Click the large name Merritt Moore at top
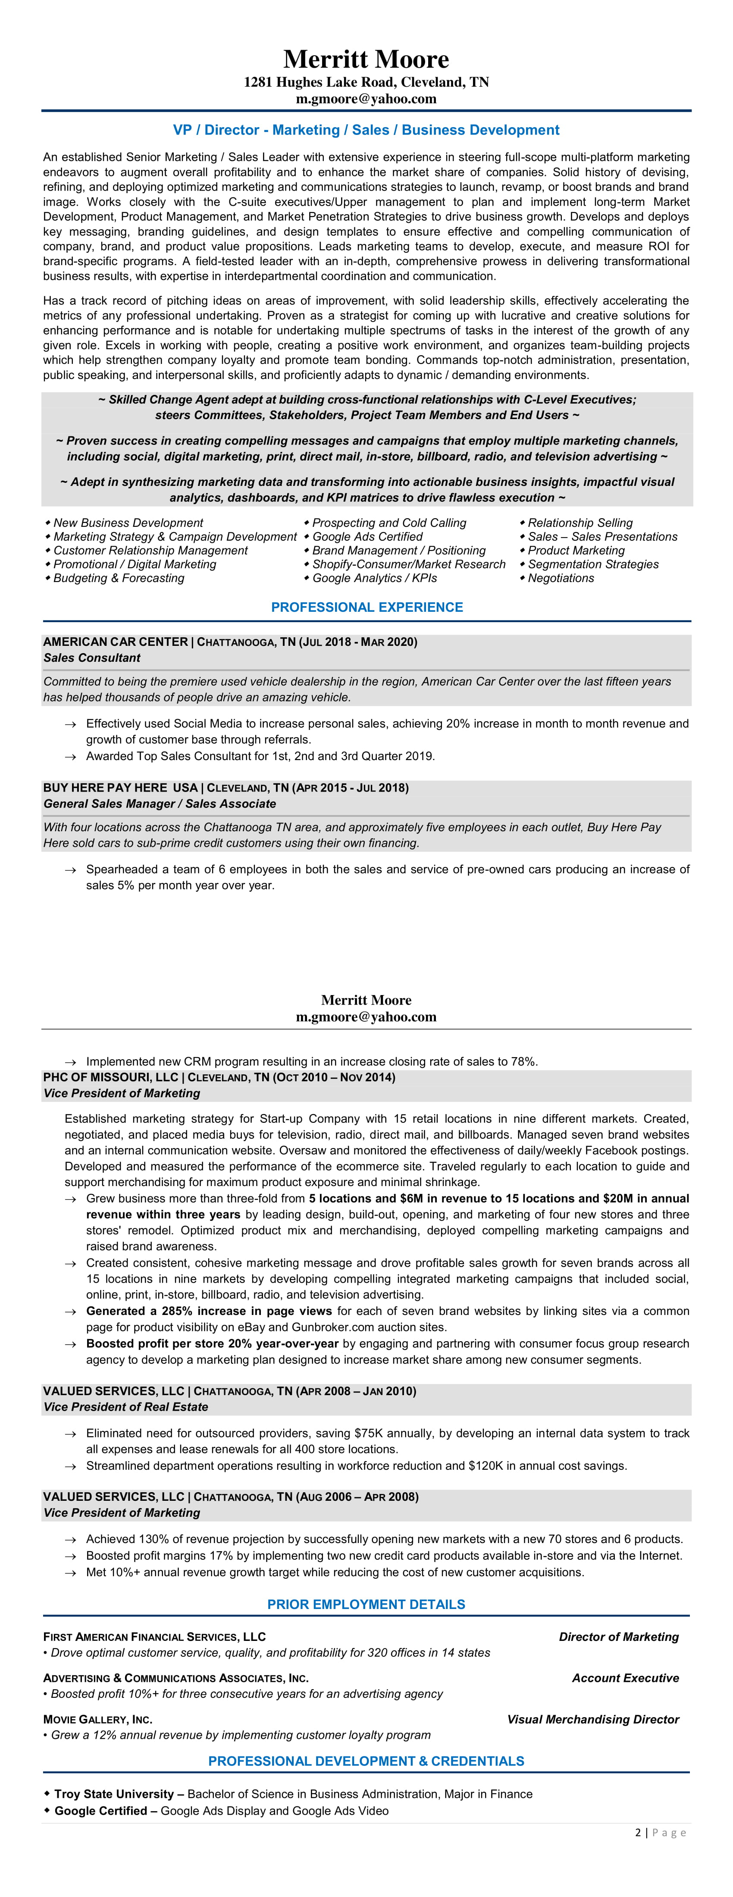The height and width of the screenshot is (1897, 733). [x=366, y=59]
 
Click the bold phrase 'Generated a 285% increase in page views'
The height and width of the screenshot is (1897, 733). [x=209, y=1311]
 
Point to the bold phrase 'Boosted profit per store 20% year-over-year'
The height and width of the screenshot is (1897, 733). [x=212, y=1343]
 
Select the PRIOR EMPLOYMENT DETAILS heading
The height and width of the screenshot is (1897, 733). [x=366, y=1604]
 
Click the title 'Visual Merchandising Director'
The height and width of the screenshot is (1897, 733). [x=593, y=1719]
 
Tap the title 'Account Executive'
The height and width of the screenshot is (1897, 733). [x=626, y=1678]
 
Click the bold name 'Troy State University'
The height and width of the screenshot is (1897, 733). [x=114, y=1794]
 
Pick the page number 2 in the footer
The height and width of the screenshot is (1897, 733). [x=638, y=1832]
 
